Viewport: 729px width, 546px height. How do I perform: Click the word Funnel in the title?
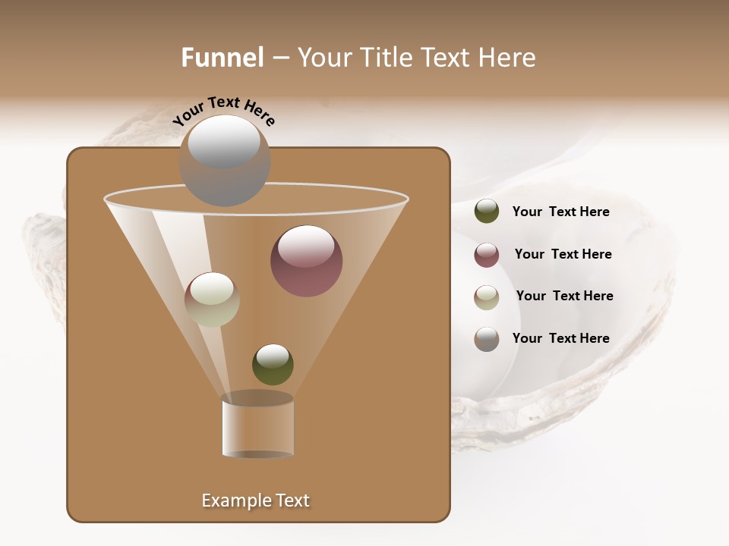pos(222,58)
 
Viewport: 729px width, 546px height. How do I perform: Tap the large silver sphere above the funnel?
pos(224,161)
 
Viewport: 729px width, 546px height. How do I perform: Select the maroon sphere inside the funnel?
pos(306,262)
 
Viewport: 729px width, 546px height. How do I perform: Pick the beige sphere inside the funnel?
pos(212,300)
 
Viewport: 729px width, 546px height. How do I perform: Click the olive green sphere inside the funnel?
pos(273,364)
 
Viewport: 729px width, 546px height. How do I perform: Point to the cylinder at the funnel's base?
pos(258,427)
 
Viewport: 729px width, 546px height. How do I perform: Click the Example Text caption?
pos(255,500)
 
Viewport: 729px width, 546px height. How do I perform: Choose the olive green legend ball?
pos(487,212)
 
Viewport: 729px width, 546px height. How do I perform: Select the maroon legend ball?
pos(487,255)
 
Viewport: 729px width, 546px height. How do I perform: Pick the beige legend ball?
pos(487,297)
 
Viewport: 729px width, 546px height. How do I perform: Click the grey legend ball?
pos(487,339)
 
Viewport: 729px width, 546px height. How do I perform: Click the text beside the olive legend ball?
pos(560,212)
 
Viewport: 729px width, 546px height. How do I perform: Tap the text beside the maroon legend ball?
pos(563,255)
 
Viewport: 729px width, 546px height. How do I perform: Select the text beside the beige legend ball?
pos(564,297)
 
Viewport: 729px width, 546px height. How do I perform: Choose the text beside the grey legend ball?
pos(560,339)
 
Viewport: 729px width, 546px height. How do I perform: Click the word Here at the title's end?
pos(510,58)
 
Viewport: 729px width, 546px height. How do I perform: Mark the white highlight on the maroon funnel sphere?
pos(306,246)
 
